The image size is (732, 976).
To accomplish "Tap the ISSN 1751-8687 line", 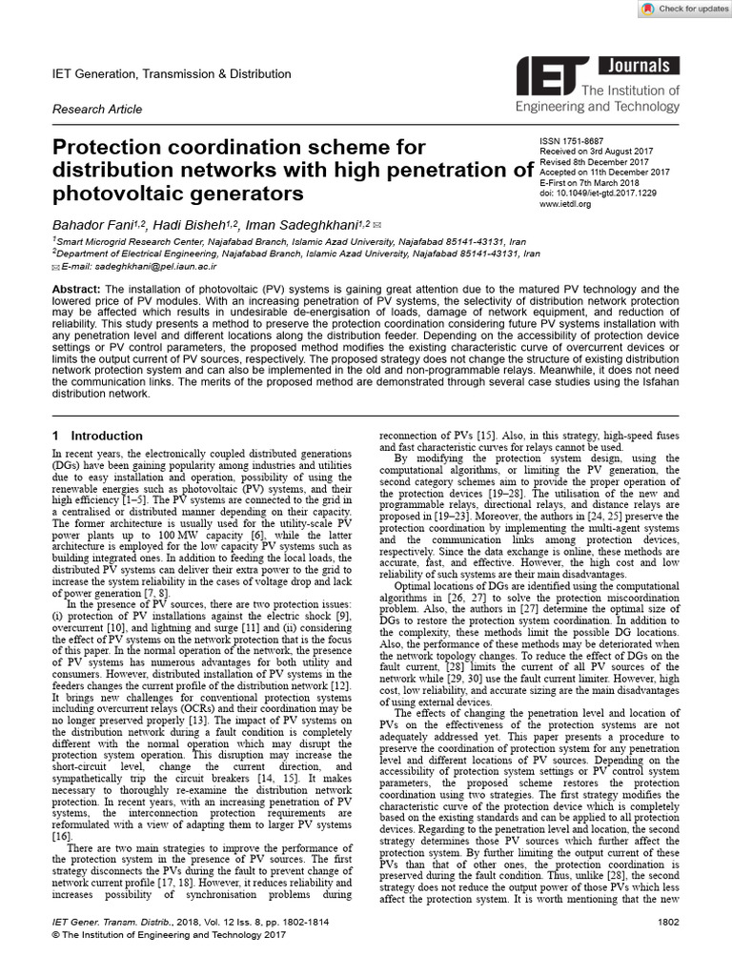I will pyautogui.click(x=575, y=140).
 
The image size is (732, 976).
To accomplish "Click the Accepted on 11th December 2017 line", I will pyautogui.click(x=605, y=172).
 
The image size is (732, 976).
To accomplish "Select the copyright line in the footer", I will pyautogui.click(x=166, y=963).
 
